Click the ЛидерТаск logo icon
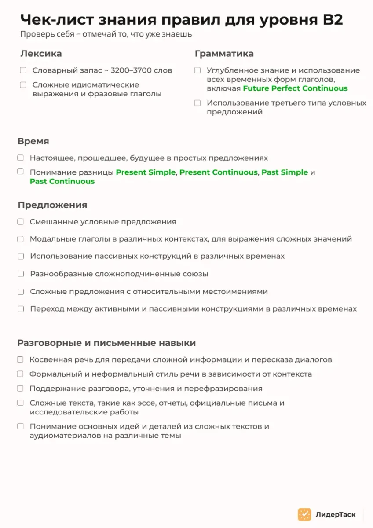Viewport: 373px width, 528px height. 304,514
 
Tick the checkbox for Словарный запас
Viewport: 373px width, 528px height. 23,70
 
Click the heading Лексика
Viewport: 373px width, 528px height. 41,54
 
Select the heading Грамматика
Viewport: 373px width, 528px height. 224,54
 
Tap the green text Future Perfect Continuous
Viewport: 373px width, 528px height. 295,88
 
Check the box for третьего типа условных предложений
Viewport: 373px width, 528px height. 197,103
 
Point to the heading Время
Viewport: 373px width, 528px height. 33,141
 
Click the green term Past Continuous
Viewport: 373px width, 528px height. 62,181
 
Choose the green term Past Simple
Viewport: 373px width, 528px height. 285,172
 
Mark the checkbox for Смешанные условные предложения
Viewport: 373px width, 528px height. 21,222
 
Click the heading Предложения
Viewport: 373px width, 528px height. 52,205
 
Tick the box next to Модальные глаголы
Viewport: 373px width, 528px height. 21,239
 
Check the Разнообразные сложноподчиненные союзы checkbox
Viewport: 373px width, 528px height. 21,274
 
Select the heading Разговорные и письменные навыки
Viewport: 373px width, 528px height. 106,343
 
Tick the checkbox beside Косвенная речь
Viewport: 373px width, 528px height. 20,359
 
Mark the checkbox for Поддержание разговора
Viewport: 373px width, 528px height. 20,389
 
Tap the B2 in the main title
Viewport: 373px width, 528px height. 332,20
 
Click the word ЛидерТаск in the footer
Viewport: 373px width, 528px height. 336,514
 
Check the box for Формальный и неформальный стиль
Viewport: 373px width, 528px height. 20,374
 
